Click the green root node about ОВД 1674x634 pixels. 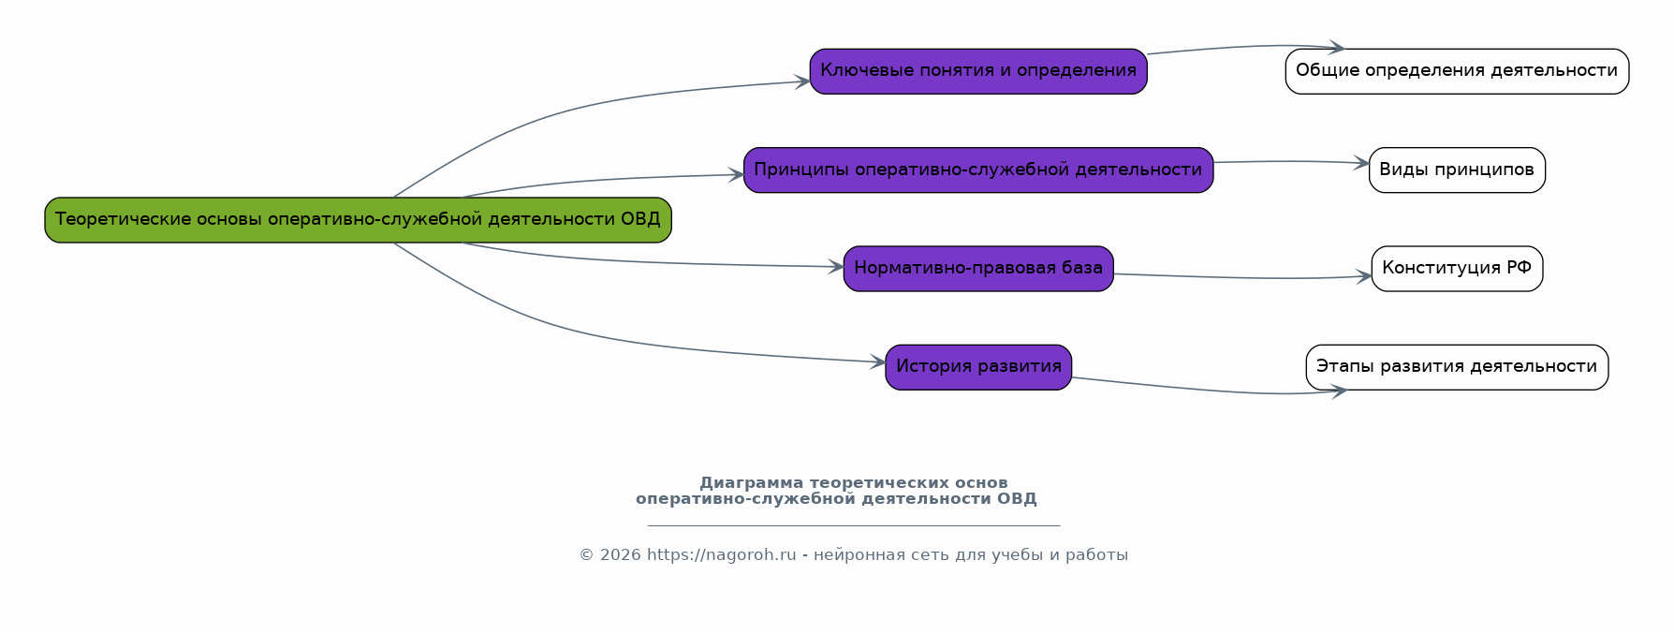coord(358,220)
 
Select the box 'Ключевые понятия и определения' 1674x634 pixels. coord(978,71)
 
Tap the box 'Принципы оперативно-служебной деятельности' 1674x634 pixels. coord(978,170)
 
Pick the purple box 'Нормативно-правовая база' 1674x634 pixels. coord(978,269)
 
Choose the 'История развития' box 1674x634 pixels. coord(978,367)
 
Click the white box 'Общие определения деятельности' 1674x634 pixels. coord(1457,71)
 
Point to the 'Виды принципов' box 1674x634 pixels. coord(1457,170)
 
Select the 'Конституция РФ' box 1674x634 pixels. coord(1457,269)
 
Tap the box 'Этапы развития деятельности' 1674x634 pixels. coord(1457,367)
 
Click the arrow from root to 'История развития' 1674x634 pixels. coord(599,340)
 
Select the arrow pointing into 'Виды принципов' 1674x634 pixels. coord(1292,161)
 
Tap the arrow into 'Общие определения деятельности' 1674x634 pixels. coord(1245,47)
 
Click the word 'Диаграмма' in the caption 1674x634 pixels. coord(751,483)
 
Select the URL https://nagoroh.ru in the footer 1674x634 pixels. coord(721,555)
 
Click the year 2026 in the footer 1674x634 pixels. coord(620,555)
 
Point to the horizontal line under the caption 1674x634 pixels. coord(854,525)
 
